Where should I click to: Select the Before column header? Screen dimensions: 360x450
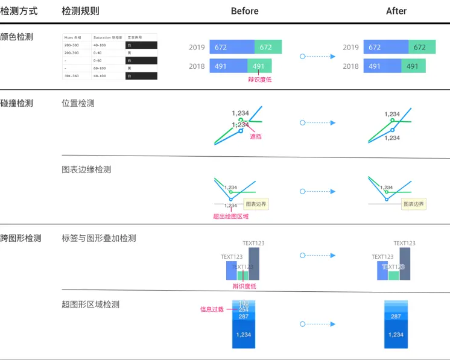244,11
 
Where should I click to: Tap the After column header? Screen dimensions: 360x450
396,11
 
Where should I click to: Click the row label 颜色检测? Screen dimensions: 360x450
17,37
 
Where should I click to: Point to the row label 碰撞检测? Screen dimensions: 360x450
17,103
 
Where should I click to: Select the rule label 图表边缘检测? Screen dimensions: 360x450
86,169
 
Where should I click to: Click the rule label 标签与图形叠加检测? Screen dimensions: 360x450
99,238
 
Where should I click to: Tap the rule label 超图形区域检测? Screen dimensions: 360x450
90,305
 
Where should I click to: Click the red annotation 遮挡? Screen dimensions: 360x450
256,137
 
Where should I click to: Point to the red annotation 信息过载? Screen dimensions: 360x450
212,309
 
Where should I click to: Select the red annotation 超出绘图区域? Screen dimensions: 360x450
230,216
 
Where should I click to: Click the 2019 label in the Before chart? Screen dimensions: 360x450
197,47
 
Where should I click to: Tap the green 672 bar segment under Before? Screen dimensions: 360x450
268,47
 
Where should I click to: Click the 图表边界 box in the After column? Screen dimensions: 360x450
414,204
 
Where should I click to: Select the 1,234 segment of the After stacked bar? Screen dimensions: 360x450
396,335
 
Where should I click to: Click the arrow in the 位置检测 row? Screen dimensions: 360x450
318,123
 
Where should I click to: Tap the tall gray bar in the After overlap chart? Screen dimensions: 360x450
405,264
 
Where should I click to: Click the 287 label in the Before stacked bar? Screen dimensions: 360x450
244,316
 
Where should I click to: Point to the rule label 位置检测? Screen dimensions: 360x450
78,103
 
